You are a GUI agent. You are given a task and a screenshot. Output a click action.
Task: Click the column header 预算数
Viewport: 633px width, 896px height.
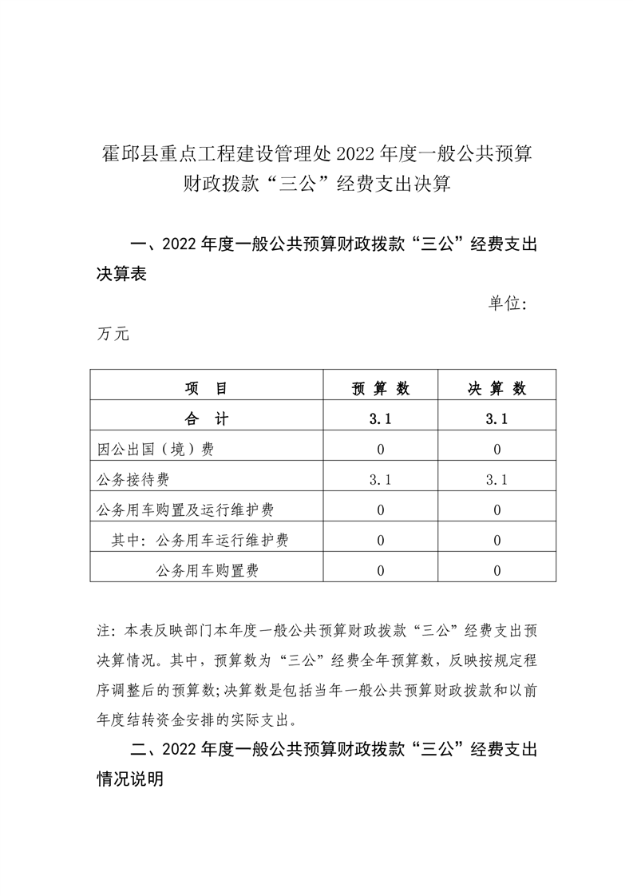(x=381, y=389)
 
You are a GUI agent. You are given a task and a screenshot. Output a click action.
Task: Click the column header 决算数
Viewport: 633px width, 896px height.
(x=497, y=389)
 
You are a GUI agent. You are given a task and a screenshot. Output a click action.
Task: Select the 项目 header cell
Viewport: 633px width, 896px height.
(x=206, y=389)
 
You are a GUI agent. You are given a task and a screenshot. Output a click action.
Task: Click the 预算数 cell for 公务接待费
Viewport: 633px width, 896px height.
(x=381, y=480)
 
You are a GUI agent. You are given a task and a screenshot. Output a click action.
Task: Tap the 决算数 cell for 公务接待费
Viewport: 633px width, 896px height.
(x=497, y=480)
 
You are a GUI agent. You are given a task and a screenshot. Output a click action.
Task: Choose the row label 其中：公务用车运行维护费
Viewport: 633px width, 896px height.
(x=200, y=541)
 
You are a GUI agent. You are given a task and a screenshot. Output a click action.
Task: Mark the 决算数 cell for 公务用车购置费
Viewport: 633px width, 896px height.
(x=497, y=570)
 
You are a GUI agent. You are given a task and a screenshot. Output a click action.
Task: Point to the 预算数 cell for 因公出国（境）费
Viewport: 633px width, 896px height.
(x=381, y=450)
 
